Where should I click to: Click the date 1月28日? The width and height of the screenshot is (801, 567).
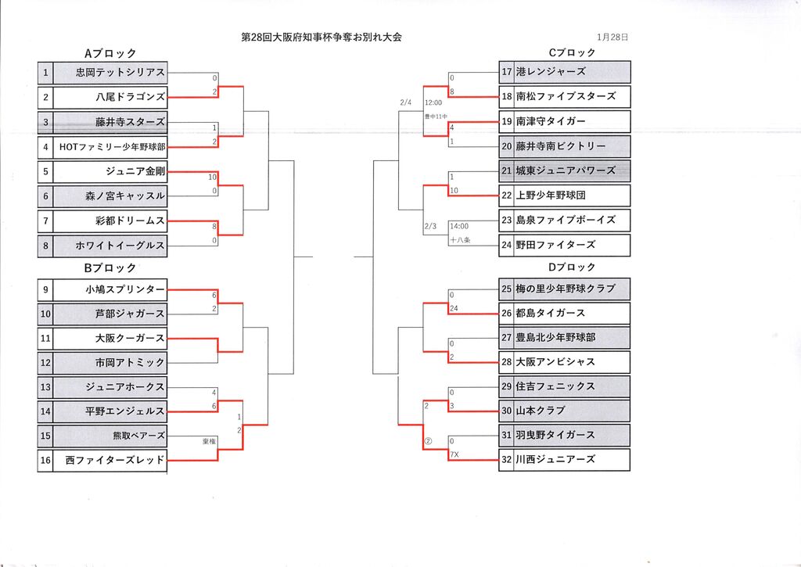(612, 37)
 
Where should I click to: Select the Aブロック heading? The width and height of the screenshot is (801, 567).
(110, 53)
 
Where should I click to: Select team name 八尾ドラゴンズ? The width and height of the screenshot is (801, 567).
(130, 97)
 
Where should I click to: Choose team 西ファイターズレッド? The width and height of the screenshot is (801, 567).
(115, 461)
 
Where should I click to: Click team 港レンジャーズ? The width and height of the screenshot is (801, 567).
(551, 72)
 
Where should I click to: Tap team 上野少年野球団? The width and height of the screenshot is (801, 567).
(551, 196)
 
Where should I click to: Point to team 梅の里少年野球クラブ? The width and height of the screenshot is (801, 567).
(566, 289)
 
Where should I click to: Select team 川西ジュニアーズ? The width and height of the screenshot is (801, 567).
(555, 459)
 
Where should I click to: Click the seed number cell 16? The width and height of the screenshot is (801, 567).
(45, 461)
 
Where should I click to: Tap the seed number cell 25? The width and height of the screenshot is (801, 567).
(506, 289)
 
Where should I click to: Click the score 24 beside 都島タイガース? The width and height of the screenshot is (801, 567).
(454, 309)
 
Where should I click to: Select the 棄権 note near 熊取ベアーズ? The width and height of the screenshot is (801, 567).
(210, 442)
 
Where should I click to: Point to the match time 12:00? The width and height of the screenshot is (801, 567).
(434, 102)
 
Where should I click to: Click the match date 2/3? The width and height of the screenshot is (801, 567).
(429, 226)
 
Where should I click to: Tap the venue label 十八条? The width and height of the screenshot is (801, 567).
(459, 240)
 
